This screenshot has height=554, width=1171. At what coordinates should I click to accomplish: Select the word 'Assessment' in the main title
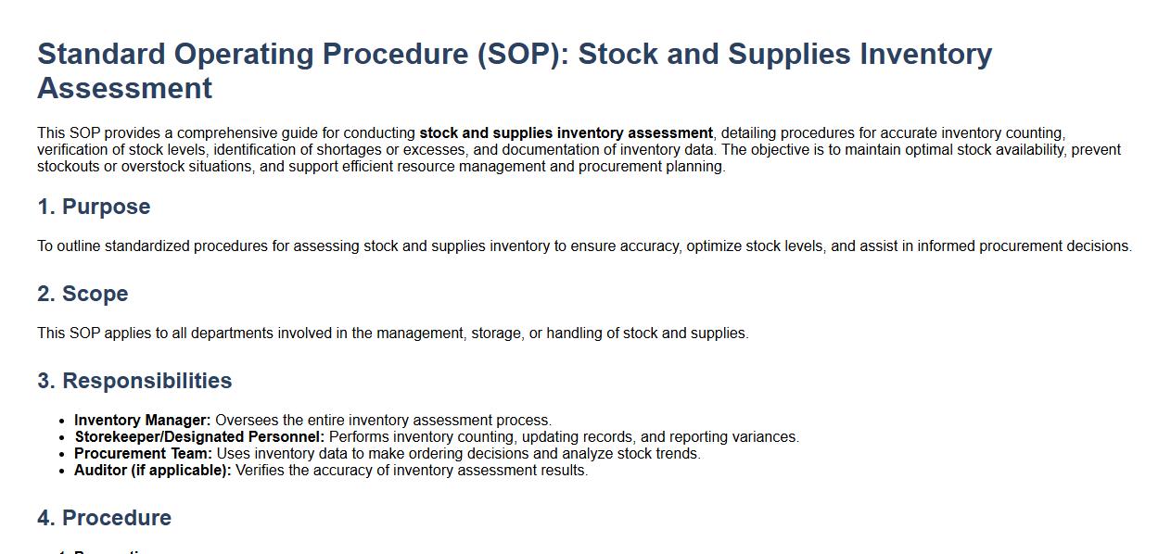tap(125, 88)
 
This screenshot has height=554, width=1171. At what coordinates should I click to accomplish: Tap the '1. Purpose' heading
tap(94, 207)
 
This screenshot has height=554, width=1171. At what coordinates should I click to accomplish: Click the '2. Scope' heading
tap(83, 294)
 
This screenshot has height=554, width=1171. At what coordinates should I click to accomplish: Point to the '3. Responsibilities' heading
tap(134, 381)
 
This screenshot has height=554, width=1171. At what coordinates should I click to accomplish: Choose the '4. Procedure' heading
tap(105, 518)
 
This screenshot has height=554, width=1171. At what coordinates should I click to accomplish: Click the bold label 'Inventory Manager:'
tap(142, 421)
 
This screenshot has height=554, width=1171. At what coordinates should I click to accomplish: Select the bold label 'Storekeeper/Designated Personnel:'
tap(199, 437)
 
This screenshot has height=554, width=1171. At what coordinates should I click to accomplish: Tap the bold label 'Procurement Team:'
tap(143, 454)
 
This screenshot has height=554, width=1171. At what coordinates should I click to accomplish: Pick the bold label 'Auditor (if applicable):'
tap(153, 471)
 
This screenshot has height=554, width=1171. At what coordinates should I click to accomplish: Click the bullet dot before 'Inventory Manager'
tap(62, 421)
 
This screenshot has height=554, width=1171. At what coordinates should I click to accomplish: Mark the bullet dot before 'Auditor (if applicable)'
tap(62, 471)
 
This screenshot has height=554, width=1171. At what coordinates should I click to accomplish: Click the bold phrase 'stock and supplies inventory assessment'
tap(566, 133)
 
